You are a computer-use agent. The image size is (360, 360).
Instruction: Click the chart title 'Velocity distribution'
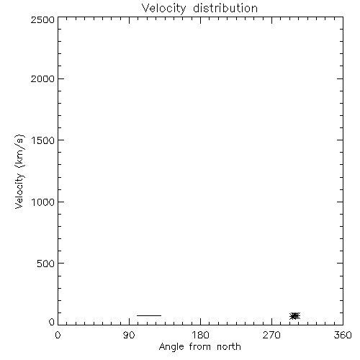[x=199, y=8]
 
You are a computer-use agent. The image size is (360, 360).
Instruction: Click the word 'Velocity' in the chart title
[x=163, y=9]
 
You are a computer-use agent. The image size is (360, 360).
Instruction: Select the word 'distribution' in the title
[x=225, y=8]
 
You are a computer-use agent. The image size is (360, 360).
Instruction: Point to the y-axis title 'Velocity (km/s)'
[x=19, y=171]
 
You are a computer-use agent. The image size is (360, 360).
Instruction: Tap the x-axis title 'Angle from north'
[x=200, y=347]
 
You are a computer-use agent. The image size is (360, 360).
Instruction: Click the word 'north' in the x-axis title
[x=229, y=346]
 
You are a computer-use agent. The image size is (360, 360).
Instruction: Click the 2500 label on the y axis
[x=42, y=19]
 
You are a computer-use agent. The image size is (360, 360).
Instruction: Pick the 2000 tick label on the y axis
[x=42, y=78]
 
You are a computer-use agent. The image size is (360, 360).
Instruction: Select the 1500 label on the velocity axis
[x=43, y=140]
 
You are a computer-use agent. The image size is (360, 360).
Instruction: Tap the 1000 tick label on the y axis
[x=43, y=202]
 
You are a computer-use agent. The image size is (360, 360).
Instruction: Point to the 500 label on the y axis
[x=46, y=264]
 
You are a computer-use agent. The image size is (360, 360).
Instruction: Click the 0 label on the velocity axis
[x=52, y=322]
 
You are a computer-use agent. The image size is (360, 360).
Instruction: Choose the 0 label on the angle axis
[x=58, y=335]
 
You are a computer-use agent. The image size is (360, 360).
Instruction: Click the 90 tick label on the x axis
[x=129, y=335]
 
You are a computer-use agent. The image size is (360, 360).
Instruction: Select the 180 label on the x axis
[x=200, y=335]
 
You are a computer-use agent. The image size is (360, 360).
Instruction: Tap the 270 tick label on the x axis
[x=271, y=335]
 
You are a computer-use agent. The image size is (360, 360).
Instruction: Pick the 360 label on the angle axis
[x=343, y=335]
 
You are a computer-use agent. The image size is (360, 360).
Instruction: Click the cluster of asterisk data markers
[x=295, y=316]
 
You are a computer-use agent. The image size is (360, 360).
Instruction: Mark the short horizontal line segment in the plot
[x=149, y=315]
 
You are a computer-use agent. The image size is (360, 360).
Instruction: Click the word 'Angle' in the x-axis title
[x=171, y=347]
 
